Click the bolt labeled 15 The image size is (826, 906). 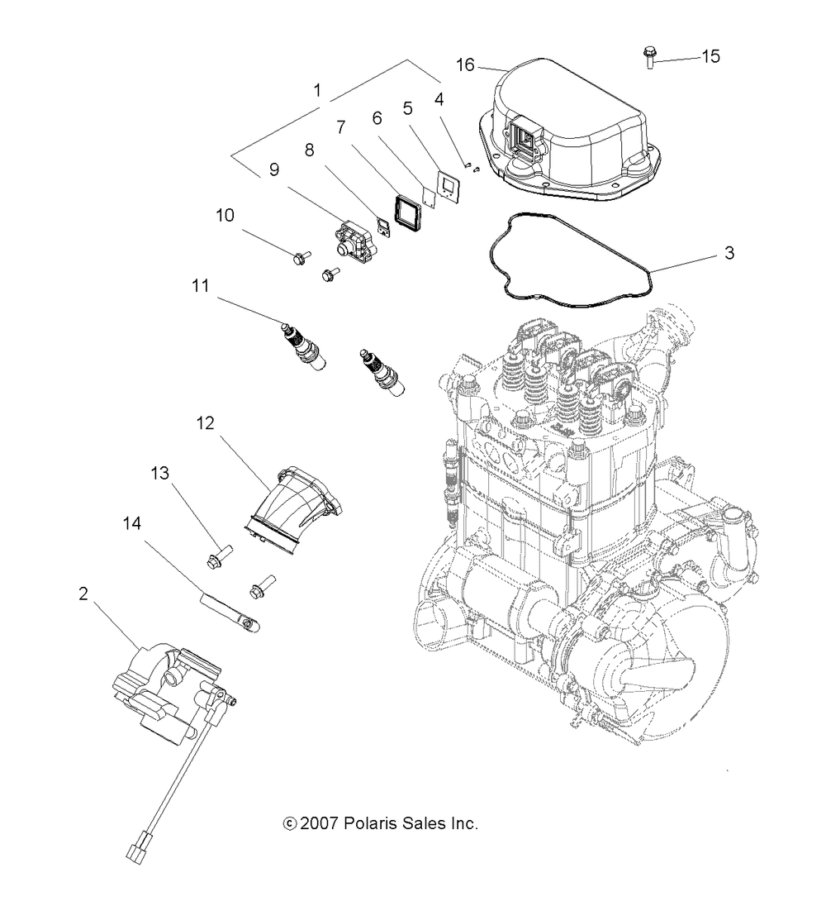(648, 58)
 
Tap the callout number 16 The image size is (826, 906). (465, 64)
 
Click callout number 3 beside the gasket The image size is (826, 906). (729, 252)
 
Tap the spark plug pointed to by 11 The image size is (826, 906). (303, 346)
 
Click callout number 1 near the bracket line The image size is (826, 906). (317, 90)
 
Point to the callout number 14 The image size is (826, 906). (131, 523)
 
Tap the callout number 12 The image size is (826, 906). (205, 423)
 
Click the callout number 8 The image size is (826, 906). (310, 150)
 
